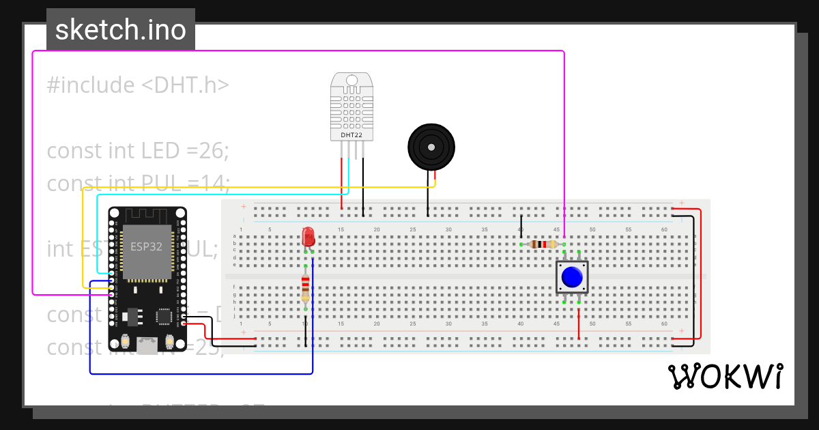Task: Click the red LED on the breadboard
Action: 308,237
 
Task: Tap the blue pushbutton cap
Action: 572,277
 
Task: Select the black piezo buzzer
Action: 431,147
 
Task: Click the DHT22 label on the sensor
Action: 351,135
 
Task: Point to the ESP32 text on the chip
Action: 146,246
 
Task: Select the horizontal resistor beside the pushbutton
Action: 543,244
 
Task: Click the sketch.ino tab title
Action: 121,30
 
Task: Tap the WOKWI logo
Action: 725,377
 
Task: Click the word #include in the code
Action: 91,85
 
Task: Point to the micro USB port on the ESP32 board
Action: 146,346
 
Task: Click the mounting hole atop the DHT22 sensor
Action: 351,80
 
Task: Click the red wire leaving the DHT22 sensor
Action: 341,184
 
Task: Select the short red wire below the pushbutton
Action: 579,324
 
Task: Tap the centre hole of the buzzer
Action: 431,146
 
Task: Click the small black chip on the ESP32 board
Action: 164,317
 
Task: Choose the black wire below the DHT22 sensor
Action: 363,188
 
